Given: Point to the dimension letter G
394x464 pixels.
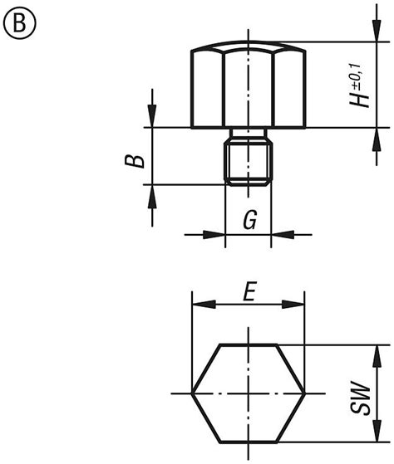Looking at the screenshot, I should point(249,221).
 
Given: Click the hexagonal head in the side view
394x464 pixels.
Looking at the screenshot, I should point(249,87).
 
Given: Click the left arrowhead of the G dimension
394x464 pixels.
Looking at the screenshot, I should point(219,235).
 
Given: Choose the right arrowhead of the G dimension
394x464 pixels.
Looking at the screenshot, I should point(279,235).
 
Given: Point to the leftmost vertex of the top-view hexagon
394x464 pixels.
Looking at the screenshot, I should point(192,392).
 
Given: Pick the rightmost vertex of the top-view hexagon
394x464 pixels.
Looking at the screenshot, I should point(306,392).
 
